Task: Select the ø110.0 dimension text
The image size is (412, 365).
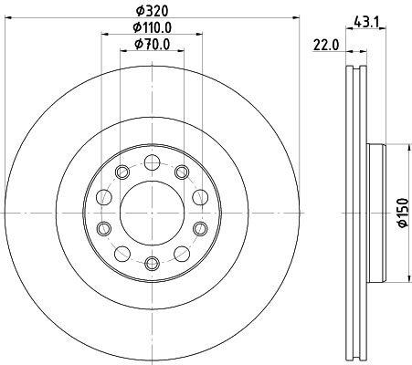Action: [153, 29]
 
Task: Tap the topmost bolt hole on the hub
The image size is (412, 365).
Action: [153, 162]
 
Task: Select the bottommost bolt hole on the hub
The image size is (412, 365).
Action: [153, 263]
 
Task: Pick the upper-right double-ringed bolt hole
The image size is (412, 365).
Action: [181, 172]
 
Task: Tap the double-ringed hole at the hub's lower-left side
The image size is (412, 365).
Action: [104, 228]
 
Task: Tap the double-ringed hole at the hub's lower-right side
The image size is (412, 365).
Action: [201, 228]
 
